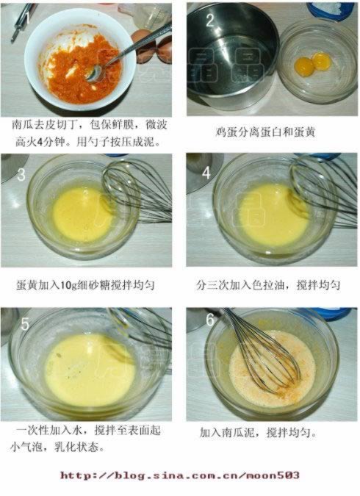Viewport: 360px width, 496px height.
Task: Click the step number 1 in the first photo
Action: point(27,18)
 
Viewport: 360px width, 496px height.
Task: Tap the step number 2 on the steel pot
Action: point(210,20)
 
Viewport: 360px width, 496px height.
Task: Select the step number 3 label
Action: point(21,174)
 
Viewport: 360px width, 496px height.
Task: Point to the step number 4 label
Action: point(206,173)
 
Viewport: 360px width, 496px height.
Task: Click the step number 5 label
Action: point(25,324)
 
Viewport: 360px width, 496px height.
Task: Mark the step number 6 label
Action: point(210,320)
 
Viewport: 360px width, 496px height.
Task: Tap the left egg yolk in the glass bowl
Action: point(303,65)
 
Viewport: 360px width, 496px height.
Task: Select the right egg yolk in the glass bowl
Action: point(321,60)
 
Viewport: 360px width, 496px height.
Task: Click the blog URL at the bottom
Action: point(180,475)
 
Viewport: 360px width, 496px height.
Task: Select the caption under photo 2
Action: point(265,132)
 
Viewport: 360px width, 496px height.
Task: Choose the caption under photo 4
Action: point(267,285)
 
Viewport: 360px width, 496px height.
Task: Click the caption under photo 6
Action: point(258,432)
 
